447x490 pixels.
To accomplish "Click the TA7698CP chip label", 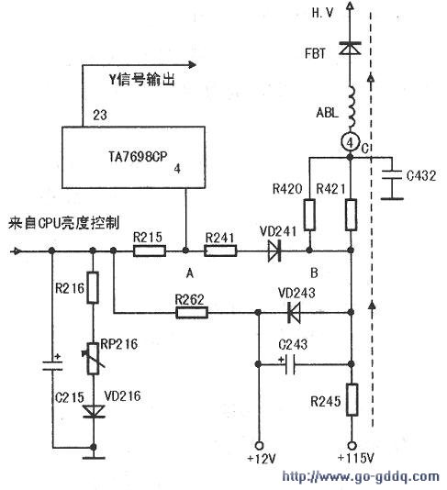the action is (138, 156).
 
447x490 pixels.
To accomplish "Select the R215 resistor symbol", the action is (150, 251).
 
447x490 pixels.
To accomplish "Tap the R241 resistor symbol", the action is (220, 251).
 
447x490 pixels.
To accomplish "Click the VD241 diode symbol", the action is (274, 251).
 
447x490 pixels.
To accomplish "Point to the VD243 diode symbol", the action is (294, 312).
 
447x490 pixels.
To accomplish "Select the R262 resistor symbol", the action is (192, 312).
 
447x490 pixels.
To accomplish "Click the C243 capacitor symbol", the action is (290, 364).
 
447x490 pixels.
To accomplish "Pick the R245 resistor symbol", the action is (352, 400).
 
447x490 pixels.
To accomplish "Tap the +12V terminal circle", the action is (259, 445).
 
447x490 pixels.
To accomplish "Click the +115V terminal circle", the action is (352, 445).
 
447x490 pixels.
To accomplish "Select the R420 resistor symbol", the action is (309, 215).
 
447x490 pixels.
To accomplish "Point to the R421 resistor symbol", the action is (352, 215).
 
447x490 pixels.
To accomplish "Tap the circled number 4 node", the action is (350, 142).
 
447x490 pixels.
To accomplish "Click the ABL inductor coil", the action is (352, 109).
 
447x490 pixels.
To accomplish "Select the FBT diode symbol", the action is (350, 48).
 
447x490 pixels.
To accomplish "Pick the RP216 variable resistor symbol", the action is (93, 359).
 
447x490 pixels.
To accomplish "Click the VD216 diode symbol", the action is (94, 411).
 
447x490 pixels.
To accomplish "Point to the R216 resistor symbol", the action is (93, 287).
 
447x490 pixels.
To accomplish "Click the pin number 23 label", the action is (100, 115).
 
